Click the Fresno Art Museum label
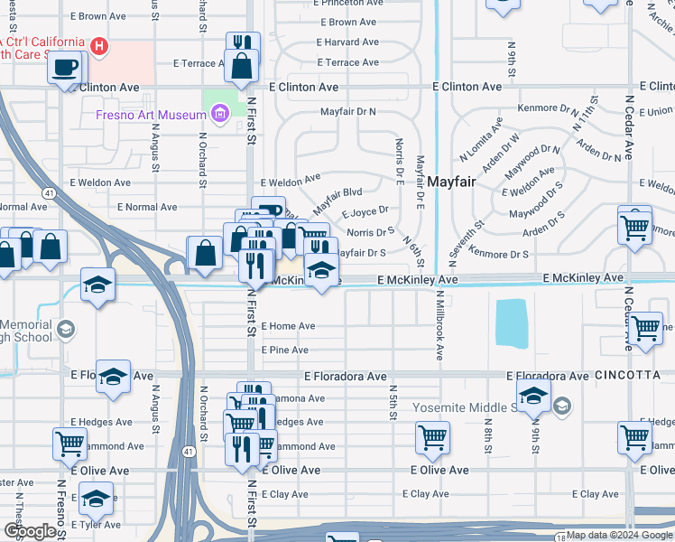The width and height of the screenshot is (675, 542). pyautogui.click(x=152, y=115)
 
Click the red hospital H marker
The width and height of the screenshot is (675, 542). pyautogui.click(x=101, y=44)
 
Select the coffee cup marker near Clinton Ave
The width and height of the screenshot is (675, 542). pyautogui.click(x=65, y=68)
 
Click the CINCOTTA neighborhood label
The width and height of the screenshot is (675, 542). pyautogui.click(x=628, y=375)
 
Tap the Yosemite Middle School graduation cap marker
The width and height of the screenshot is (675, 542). pyautogui.click(x=533, y=394)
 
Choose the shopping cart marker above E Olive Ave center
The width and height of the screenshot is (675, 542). pyautogui.click(x=432, y=438)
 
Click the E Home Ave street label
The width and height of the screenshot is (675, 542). pyautogui.click(x=288, y=326)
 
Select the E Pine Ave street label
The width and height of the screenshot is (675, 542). pyautogui.click(x=285, y=350)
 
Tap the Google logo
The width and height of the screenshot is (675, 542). pyautogui.click(x=30, y=532)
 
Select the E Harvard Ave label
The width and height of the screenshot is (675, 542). pyautogui.click(x=347, y=42)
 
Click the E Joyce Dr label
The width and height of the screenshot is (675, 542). pyautogui.click(x=365, y=213)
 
